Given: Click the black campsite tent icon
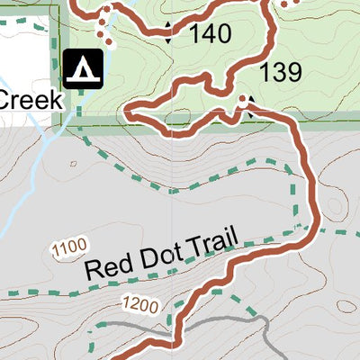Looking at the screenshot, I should click(82, 68).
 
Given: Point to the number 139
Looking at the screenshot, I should click(280, 73).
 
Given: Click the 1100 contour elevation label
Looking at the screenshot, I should click(69, 246).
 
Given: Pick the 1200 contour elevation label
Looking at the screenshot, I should click(142, 304).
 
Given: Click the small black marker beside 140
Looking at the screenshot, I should click(168, 34).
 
